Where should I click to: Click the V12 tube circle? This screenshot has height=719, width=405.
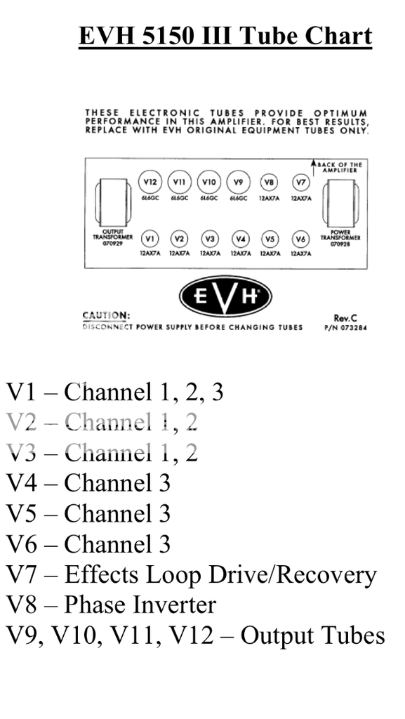tap(149, 183)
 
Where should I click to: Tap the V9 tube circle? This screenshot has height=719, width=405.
tap(239, 183)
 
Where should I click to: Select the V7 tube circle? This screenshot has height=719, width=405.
tap(300, 183)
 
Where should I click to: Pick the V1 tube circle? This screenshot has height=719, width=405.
tap(150, 238)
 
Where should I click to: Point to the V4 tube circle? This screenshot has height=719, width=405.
tap(240, 238)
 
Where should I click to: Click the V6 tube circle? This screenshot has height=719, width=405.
tap(300, 238)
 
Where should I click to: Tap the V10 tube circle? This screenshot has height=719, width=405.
tap(209, 183)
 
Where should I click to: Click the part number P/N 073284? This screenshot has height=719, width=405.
tap(345, 327)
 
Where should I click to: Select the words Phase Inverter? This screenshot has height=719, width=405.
tap(140, 605)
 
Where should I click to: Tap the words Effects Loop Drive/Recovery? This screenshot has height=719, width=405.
tap(220, 574)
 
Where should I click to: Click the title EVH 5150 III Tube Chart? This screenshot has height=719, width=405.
tap(225, 36)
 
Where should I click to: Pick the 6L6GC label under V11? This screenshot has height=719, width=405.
tap(178, 199)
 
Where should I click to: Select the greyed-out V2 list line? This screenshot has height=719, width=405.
tap(102, 422)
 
